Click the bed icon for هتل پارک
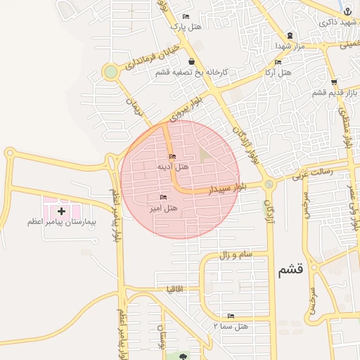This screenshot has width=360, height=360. pyautogui.click(x=186, y=16)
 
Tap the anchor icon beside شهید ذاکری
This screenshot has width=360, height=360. pyautogui.click(x=348, y=11)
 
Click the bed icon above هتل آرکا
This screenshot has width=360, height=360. pyautogui.click(x=278, y=62)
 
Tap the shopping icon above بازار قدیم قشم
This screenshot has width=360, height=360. pyautogui.click(x=334, y=82)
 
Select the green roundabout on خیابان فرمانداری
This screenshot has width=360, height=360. pyautogui.click(x=110, y=72)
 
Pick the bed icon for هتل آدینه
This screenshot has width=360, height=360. pyautogui.click(x=172, y=156)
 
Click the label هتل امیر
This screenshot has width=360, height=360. pyautogui.click(x=163, y=208)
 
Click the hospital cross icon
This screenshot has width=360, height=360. pyautogui.click(x=61, y=210)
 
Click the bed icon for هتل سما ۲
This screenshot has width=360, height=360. pyautogui.click(x=231, y=316)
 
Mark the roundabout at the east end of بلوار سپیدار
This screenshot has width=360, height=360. pyautogui.click(x=269, y=185)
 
